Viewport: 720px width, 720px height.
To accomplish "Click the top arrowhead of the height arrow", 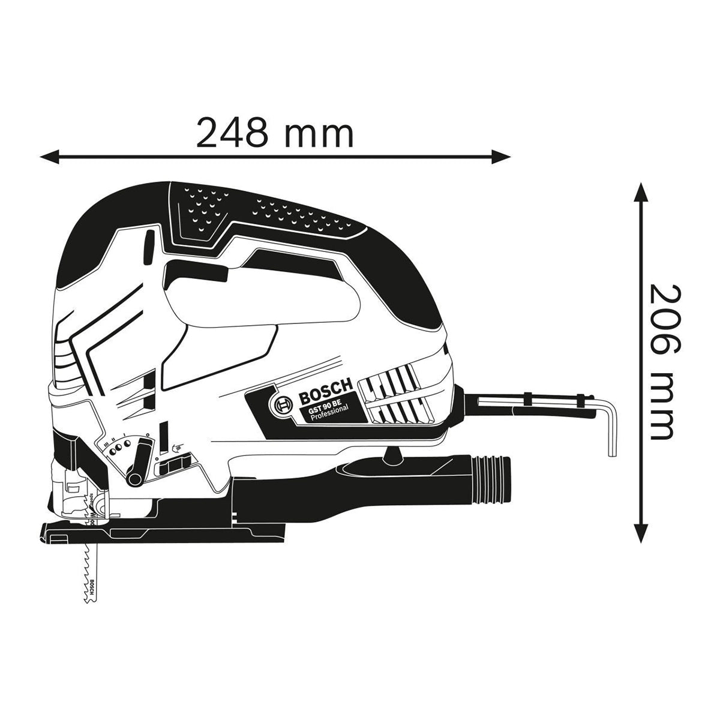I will click(x=641, y=193).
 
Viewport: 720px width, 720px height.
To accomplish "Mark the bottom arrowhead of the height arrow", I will click(x=641, y=533).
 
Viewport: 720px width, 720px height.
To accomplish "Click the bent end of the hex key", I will click(x=611, y=432).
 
